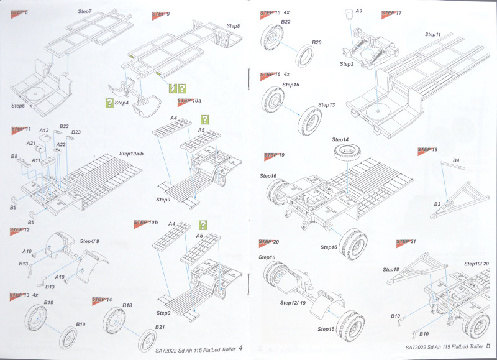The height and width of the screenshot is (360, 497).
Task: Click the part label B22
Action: coord(286,22)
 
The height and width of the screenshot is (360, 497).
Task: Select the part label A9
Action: coord(359,11)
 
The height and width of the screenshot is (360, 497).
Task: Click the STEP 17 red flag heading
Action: coord(391,12)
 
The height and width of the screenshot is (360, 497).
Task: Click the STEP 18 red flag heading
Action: coord(428,150)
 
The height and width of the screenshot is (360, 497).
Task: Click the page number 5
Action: coord(488,346)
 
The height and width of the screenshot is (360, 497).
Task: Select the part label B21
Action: coord(160,327)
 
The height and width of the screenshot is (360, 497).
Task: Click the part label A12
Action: coord(43,131)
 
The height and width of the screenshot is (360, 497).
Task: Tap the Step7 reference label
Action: coord(85,12)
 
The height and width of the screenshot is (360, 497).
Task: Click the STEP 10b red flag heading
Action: coord(147,221)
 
